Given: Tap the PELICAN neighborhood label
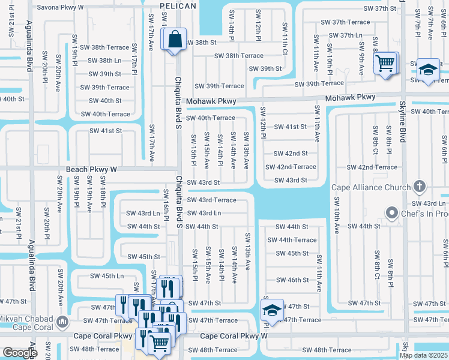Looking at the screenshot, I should click(x=178, y=6).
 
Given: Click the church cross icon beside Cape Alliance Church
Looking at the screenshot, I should click(x=419, y=187).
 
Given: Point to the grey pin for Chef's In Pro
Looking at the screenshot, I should click(x=392, y=213).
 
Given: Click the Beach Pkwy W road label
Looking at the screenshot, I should click(x=92, y=170).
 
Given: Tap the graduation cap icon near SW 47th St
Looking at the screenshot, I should click(x=272, y=310).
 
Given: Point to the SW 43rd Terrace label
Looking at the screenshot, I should click(x=211, y=200).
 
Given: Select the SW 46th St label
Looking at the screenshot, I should click(x=292, y=280).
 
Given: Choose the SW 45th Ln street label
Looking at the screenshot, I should click(x=107, y=276).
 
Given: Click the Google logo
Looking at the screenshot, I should click(x=20, y=353).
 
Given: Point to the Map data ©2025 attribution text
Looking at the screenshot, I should click(x=423, y=355).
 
